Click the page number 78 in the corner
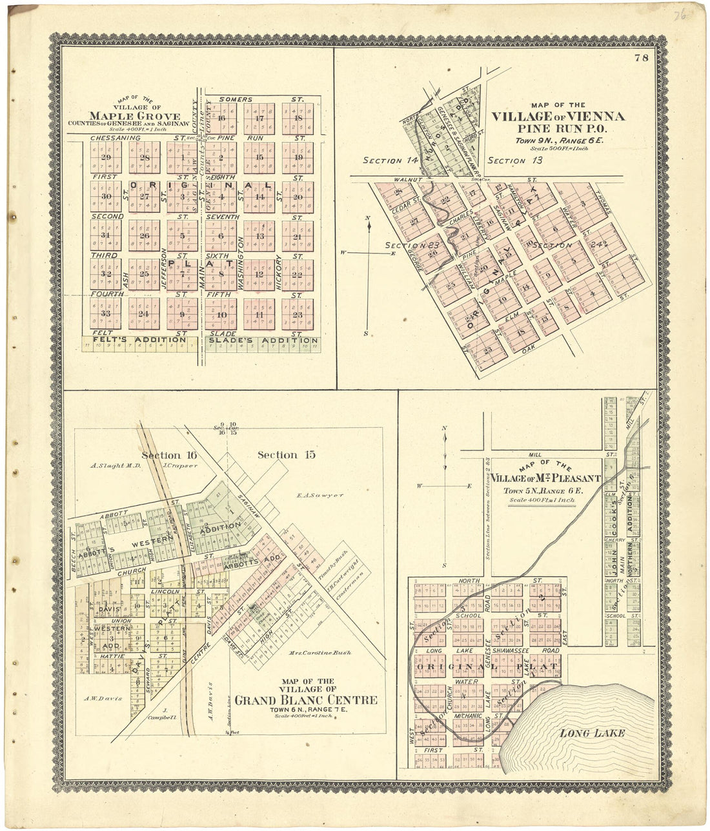(641, 58)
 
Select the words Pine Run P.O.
(557, 128)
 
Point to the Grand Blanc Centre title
(306, 700)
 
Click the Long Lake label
(592, 733)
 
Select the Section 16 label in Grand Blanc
(169, 456)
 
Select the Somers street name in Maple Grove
(234, 99)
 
